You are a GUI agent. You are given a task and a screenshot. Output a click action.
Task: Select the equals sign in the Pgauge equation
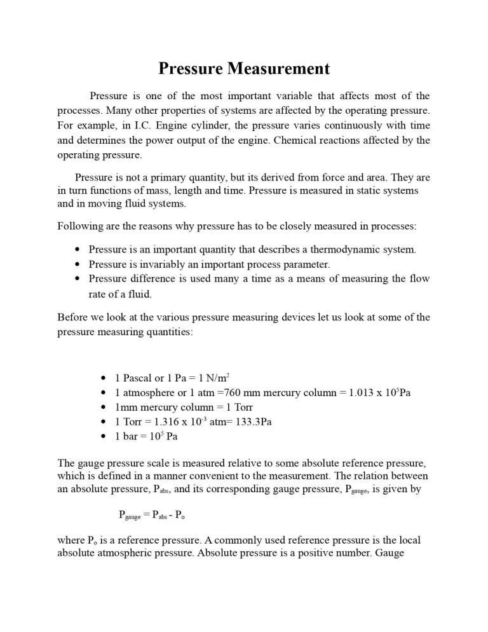tap(147, 515)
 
